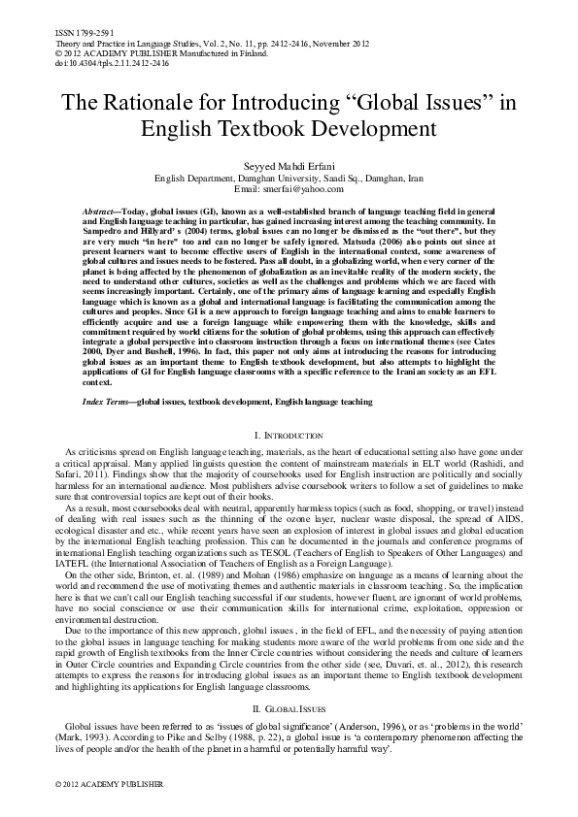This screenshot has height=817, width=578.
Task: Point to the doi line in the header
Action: pyautogui.click(x=86, y=61)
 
